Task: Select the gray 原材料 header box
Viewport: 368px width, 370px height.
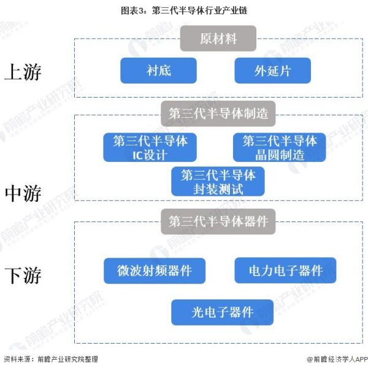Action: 218,39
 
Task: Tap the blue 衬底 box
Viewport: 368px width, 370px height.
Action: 158,71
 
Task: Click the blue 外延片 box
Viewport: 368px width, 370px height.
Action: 272,71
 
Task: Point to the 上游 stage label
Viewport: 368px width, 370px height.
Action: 23,72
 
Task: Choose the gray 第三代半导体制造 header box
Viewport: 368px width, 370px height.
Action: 218,114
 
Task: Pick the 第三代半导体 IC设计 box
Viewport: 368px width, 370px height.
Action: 150,148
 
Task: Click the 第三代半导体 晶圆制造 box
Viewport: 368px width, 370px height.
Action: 279,148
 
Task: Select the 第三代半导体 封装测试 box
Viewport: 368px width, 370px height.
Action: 218,181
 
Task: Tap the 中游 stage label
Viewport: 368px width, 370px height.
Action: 23,194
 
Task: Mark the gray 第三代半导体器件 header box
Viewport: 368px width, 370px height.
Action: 218,222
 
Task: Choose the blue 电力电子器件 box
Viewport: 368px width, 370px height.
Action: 285,271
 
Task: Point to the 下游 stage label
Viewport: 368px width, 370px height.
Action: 23,275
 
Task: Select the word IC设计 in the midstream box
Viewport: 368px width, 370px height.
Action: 150,155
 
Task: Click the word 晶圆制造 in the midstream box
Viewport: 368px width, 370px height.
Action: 280,155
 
